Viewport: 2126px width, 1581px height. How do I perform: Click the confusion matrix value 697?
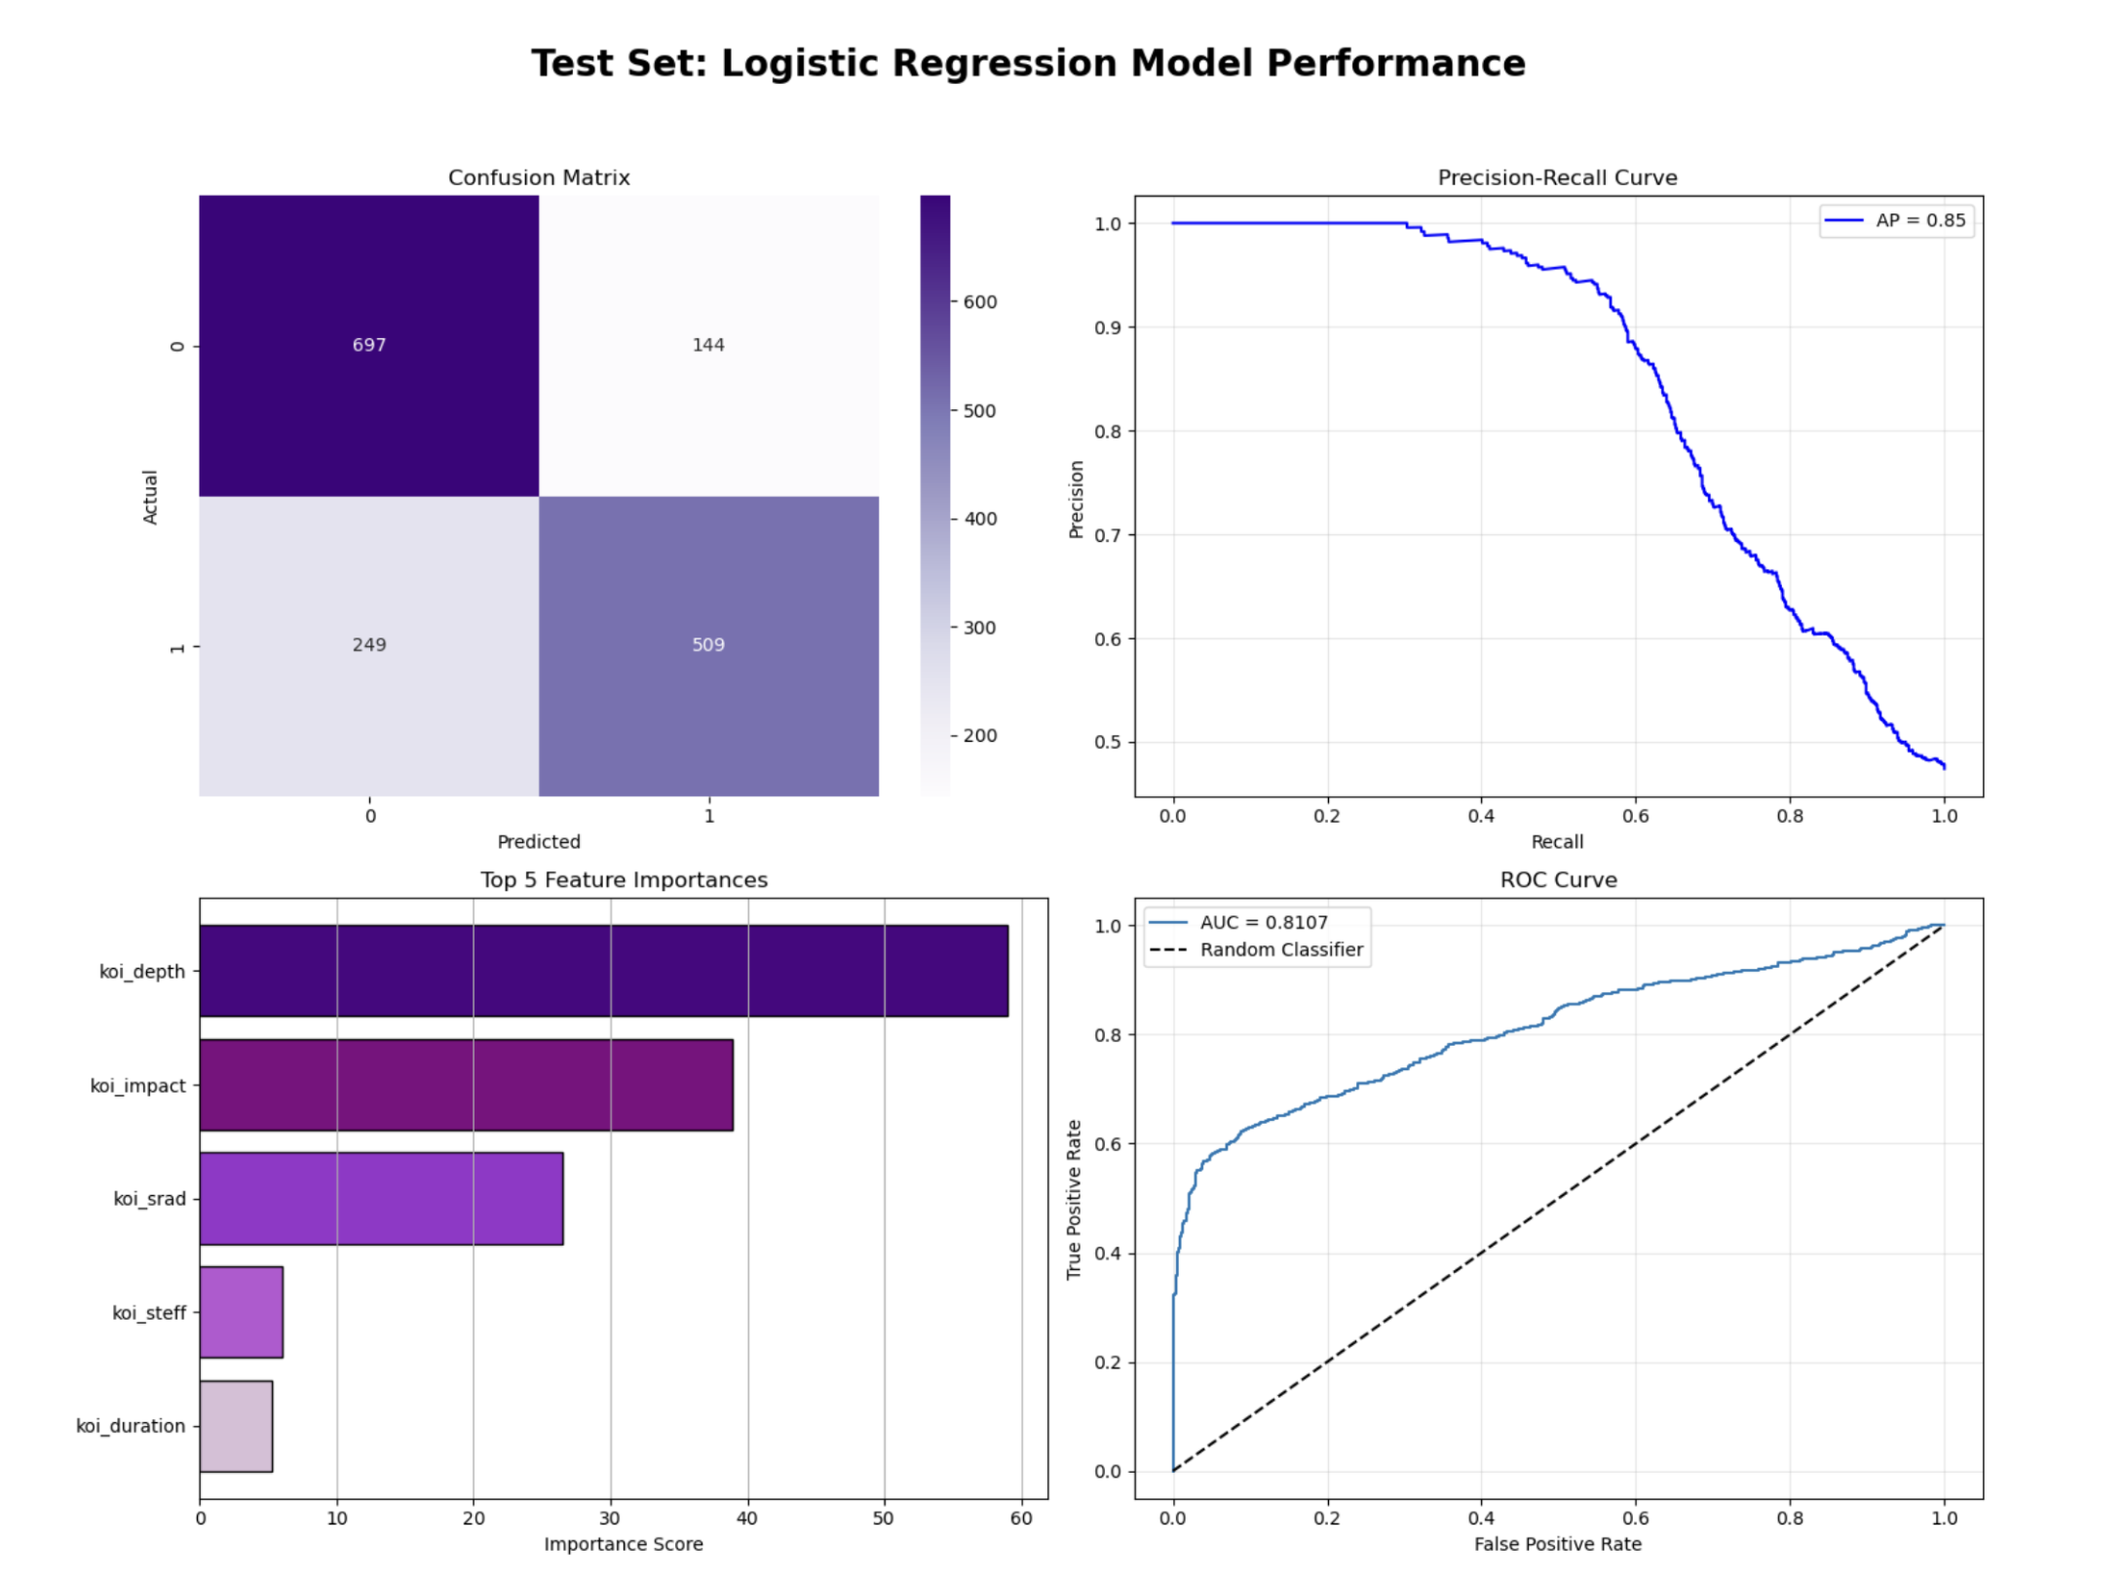369,345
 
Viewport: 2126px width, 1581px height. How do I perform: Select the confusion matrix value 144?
708,345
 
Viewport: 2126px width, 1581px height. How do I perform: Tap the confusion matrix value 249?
369,645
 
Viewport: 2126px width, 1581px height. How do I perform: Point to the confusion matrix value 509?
708,645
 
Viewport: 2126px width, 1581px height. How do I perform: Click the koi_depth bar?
604,971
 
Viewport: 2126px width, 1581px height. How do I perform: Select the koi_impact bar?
466,1085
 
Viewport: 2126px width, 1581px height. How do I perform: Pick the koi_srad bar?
381,1199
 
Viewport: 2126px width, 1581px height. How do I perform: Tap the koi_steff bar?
242,1312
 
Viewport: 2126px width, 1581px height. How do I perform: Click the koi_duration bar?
236,1426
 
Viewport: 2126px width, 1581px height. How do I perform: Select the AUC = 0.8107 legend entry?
1263,922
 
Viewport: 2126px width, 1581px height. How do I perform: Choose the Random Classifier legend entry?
1280,949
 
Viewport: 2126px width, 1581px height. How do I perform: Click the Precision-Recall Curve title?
1557,177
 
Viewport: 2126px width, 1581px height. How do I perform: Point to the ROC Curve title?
1558,880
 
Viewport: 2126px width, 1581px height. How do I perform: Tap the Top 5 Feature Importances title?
624,880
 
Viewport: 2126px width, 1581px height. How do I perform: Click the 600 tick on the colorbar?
979,302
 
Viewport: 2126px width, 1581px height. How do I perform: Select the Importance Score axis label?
624,1544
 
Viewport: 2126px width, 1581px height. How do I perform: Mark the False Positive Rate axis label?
1557,1544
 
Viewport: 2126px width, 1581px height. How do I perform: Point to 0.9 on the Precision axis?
1108,328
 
